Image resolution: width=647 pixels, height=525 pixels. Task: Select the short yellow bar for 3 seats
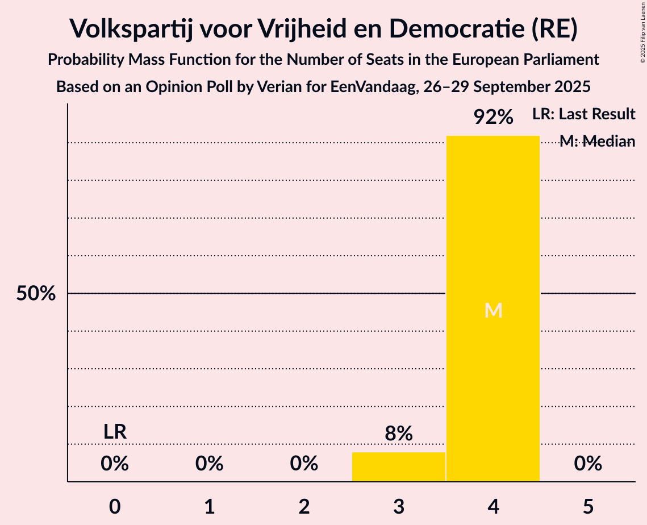[x=398, y=467]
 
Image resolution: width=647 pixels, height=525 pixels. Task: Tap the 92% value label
[x=493, y=118]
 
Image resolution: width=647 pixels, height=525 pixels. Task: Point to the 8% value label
[x=398, y=434]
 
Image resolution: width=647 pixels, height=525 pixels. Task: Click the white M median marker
[x=493, y=310]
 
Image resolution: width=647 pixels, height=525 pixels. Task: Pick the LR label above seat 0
[x=115, y=432]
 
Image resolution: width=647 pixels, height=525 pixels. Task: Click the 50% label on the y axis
[x=36, y=294]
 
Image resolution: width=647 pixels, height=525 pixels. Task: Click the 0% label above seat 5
[x=587, y=464]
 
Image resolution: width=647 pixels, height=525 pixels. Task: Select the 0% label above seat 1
[x=209, y=464]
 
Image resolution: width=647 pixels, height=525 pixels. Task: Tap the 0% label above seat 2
[x=304, y=464]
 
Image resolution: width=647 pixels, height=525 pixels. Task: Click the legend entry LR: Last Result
[x=583, y=114]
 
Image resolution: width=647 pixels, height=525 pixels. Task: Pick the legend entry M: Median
[x=597, y=141]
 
